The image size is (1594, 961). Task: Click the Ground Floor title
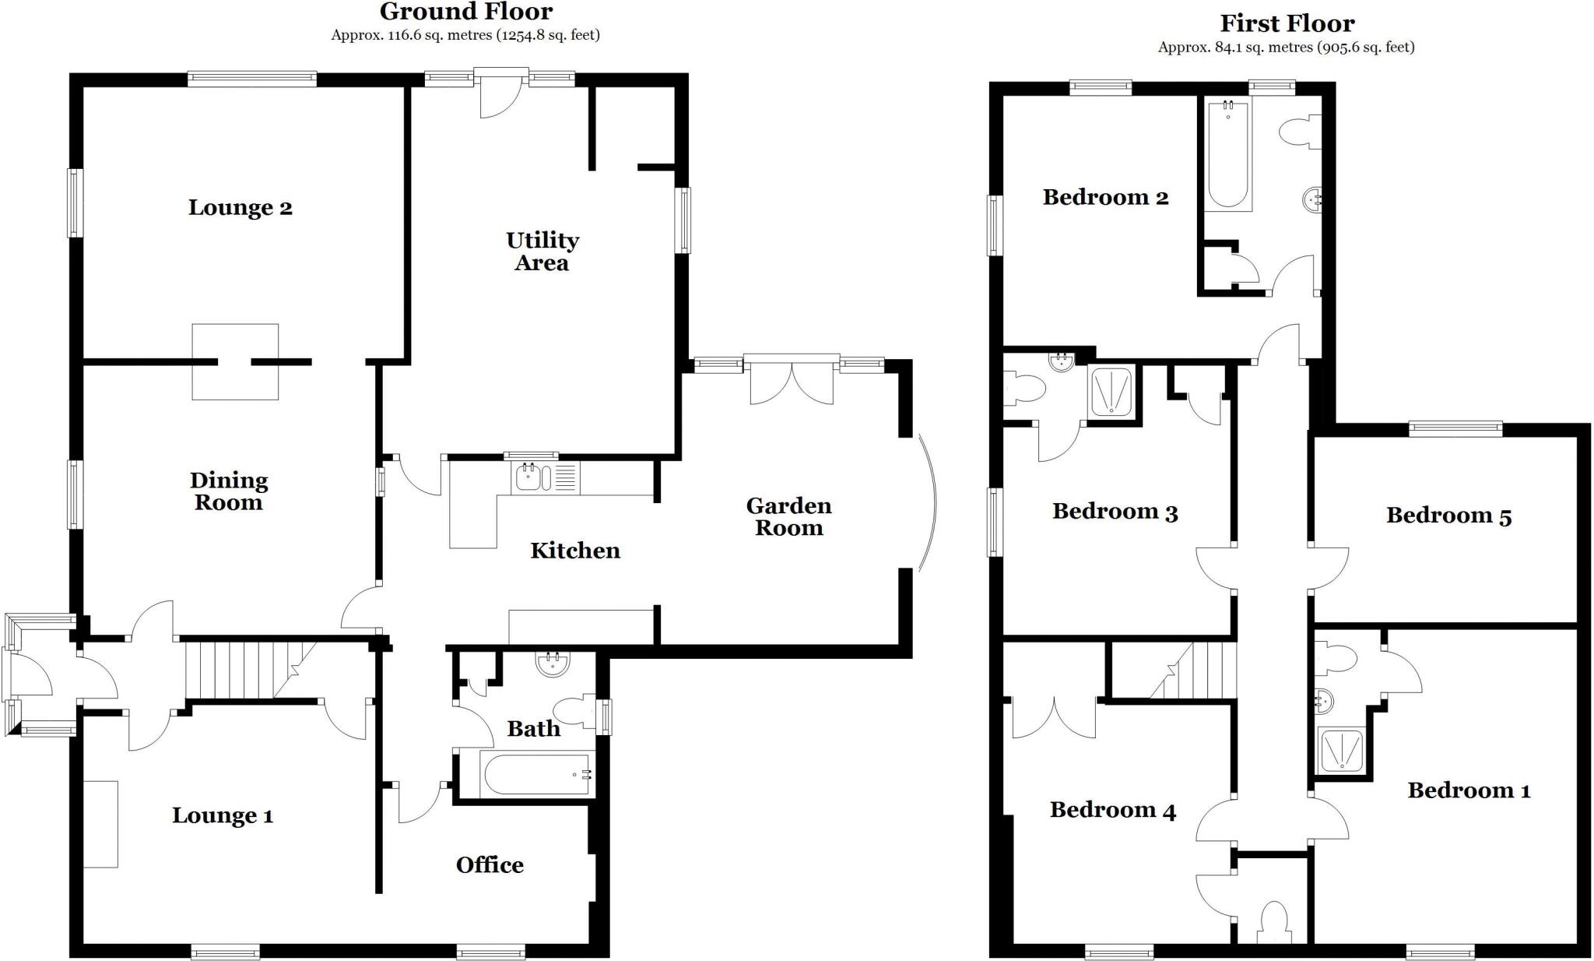[465, 12]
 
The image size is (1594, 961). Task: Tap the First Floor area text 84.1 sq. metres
[1286, 47]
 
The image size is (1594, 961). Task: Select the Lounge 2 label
[240, 208]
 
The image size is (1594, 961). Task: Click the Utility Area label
[542, 251]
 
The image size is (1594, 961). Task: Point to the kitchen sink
[528, 477]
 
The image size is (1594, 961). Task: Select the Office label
[490, 865]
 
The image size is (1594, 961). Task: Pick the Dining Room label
[228, 491]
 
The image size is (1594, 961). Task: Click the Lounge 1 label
[222, 816]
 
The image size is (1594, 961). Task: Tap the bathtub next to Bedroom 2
[1227, 156]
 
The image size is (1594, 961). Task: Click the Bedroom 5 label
[1448, 516]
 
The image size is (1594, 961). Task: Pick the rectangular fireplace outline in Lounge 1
[100, 824]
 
